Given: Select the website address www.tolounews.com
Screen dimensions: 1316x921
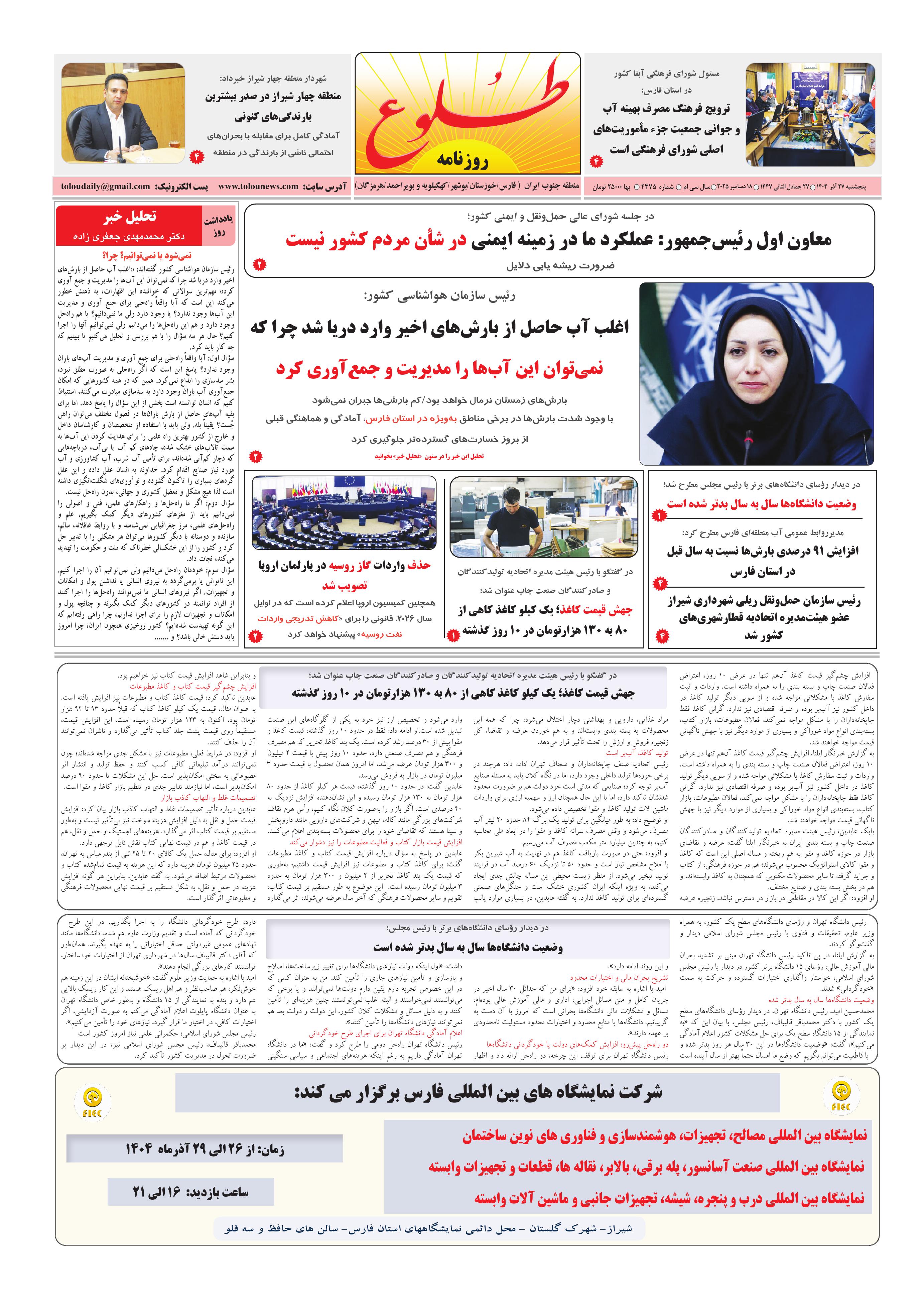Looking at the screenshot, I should [258, 186].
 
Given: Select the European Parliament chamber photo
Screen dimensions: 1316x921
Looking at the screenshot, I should [344, 513].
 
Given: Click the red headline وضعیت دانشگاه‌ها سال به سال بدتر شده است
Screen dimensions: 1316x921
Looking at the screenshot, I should [761, 504].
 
